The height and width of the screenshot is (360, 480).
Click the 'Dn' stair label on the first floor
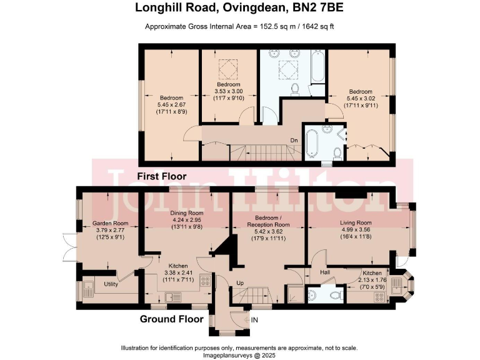(x=294, y=140)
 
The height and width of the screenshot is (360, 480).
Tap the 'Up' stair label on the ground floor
(x=239, y=283)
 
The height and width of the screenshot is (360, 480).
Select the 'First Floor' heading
(x=163, y=176)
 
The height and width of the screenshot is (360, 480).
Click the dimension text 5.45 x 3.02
(x=361, y=98)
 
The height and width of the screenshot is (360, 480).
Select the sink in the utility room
(x=86, y=289)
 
